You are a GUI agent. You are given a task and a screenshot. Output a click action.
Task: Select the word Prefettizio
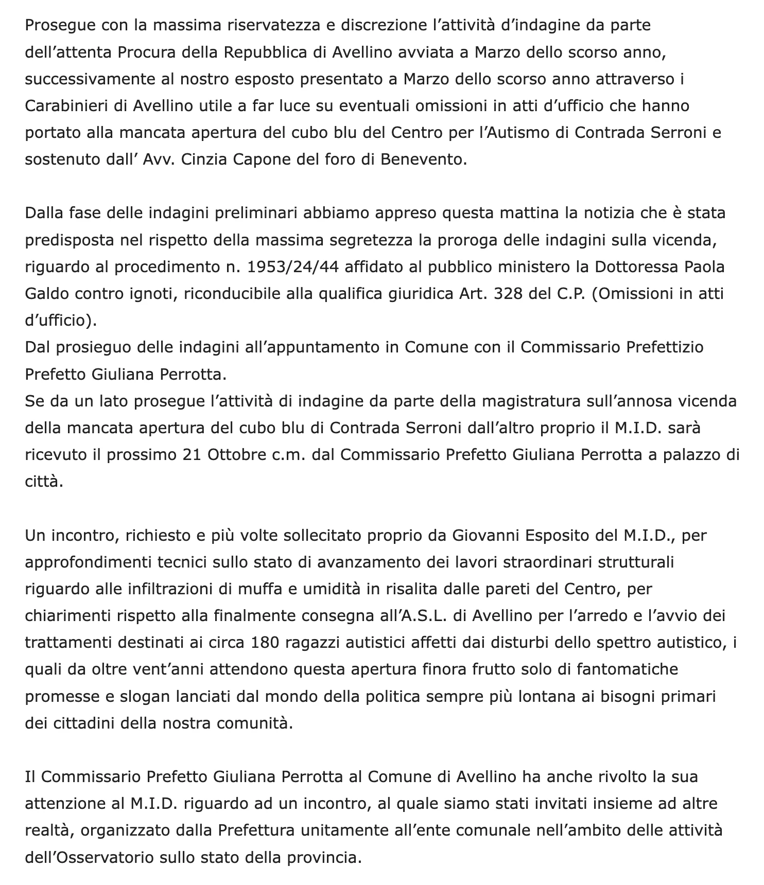pyautogui.click(x=665, y=347)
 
